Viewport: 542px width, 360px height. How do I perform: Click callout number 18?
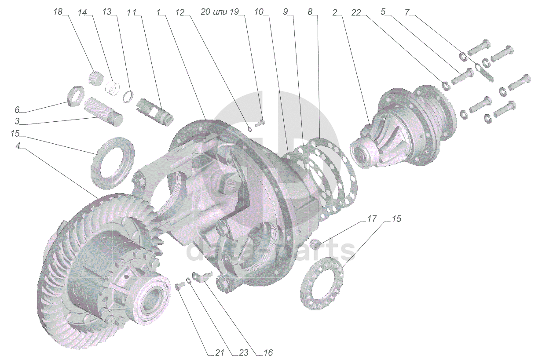[x=58, y=12]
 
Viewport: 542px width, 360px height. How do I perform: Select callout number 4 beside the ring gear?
[x=18, y=146]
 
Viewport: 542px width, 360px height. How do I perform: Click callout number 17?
[x=372, y=218]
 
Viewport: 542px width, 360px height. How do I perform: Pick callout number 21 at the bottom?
[x=220, y=353]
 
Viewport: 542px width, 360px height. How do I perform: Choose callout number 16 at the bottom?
[x=268, y=353]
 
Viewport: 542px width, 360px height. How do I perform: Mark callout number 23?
[x=243, y=353]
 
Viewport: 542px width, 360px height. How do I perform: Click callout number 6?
[x=17, y=109]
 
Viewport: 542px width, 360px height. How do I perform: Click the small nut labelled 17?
[x=315, y=243]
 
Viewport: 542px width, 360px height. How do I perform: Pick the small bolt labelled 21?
[x=179, y=286]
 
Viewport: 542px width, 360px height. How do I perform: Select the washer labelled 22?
[x=445, y=84]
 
